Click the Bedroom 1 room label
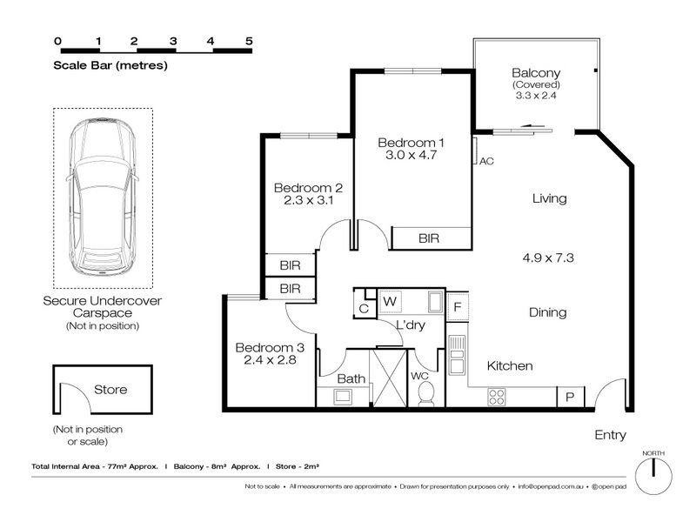(x=411, y=143)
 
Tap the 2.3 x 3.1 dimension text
(x=309, y=200)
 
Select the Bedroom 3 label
(x=270, y=347)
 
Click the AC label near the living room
(x=486, y=161)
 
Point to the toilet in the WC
(x=426, y=394)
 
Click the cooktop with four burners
(x=496, y=397)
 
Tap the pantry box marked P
(x=571, y=397)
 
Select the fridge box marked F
(x=458, y=306)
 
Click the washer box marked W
(x=390, y=302)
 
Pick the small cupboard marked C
(x=364, y=309)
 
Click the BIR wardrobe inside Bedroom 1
(x=431, y=238)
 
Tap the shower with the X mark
(x=389, y=378)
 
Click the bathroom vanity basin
(x=343, y=396)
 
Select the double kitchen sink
(x=457, y=355)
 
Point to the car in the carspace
(x=103, y=198)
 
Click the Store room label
(x=110, y=389)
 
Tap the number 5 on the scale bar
(x=249, y=41)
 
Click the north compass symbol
(x=653, y=476)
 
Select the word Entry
(x=611, y=435)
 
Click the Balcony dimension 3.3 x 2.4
(x=536, y=95)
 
